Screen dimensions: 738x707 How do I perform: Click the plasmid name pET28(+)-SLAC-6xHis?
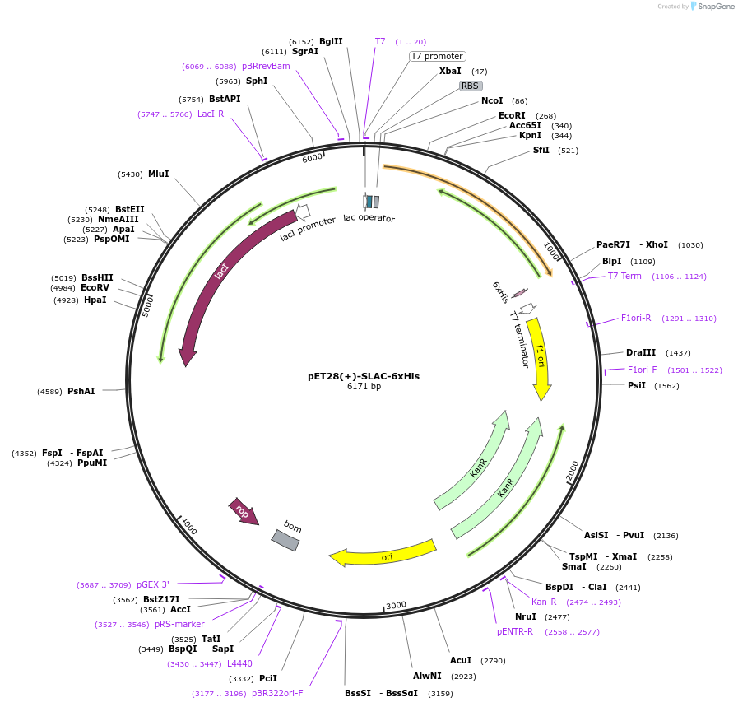coord(363,376)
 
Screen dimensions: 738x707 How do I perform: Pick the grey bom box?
coord(285,540)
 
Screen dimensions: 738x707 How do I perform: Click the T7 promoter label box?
coord(437,56)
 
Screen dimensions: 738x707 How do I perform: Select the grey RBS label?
coord(470,85)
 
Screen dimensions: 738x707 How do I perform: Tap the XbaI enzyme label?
coord(450,72)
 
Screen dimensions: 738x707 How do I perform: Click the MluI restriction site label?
coord(158,174)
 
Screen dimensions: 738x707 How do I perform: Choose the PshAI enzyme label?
coord(81,391)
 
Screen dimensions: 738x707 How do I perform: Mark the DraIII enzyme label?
coord(641,352)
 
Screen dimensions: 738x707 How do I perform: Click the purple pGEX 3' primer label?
coord(153,584)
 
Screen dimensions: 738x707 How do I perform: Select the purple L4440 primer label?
coord(239,663)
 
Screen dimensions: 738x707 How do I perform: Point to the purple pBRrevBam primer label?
coord(266,66)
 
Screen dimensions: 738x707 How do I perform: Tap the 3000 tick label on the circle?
coord(396,605)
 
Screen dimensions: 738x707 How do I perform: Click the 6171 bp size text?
coord(363,387)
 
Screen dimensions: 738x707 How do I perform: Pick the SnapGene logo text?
coord(713,7)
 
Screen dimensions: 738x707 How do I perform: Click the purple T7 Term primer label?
coord(624,276)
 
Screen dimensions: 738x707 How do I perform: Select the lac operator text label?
coord(369,219)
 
